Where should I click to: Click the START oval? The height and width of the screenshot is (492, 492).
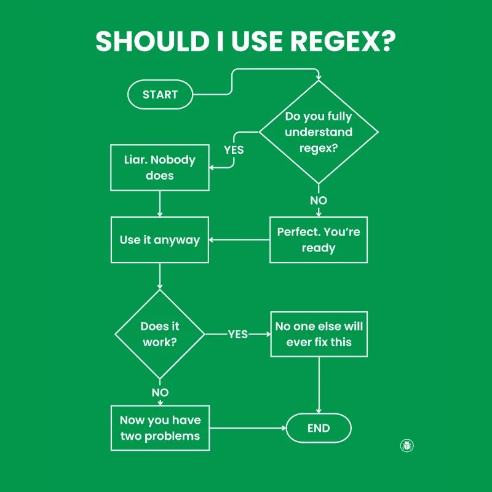[x=160, y=95]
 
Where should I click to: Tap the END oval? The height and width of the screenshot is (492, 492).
[x=319, y=429]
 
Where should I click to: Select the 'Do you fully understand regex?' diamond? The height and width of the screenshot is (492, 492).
[x=319, y=132]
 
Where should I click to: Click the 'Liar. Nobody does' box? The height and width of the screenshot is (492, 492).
[x=160, y=167]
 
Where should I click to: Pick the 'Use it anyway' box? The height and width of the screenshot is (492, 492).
[x=160, y=240]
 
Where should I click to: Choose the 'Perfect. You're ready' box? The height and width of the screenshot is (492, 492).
[x=319, y=240]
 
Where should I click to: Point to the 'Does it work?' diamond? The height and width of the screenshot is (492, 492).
[x=160, y=334]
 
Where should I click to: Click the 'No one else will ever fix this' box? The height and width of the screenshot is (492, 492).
[x=319, y=334]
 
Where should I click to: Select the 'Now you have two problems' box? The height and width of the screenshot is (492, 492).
[x=160, y=428]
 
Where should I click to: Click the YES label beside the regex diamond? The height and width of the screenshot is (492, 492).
[x=234, y=149]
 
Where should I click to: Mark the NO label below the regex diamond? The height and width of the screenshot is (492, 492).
[x=319, y=200]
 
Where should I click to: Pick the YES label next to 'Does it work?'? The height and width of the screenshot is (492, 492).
[x=238, y=334]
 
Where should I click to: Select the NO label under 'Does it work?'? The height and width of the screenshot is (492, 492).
[x=160, y=392]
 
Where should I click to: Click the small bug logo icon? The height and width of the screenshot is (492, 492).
[x=407, y=445]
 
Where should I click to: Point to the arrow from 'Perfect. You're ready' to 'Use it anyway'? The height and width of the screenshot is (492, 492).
[x=240, y=240]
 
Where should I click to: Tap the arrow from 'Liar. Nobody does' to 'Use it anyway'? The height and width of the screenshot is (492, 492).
[x=160, y=204]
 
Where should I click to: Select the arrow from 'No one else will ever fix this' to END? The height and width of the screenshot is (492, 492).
[x=319, y=384]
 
